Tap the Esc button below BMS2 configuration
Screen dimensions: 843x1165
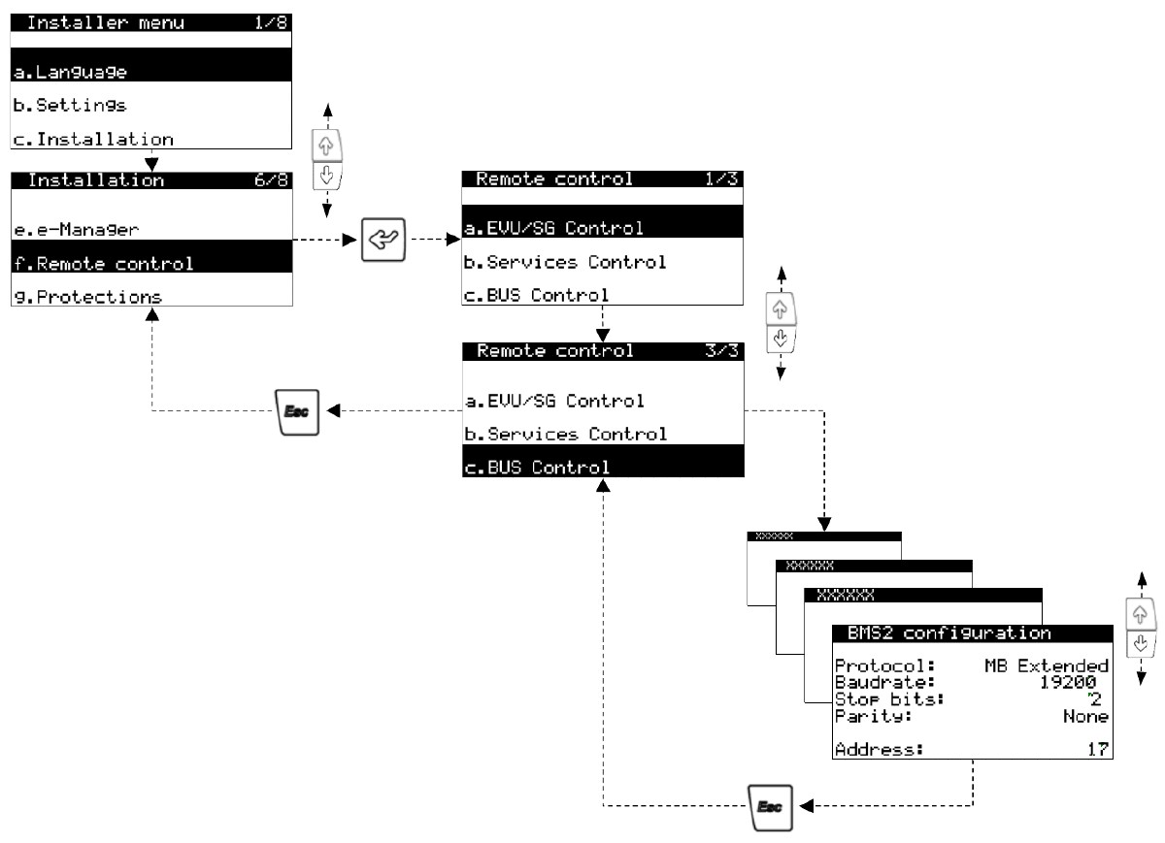[772, 805]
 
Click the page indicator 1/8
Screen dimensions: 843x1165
[270, 21]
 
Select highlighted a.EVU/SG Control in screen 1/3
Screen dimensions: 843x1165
[553, 229]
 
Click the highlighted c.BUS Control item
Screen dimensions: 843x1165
[537, 468]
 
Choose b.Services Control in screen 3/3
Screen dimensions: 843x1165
[566, 434]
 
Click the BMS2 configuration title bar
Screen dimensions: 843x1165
[949, 633]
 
